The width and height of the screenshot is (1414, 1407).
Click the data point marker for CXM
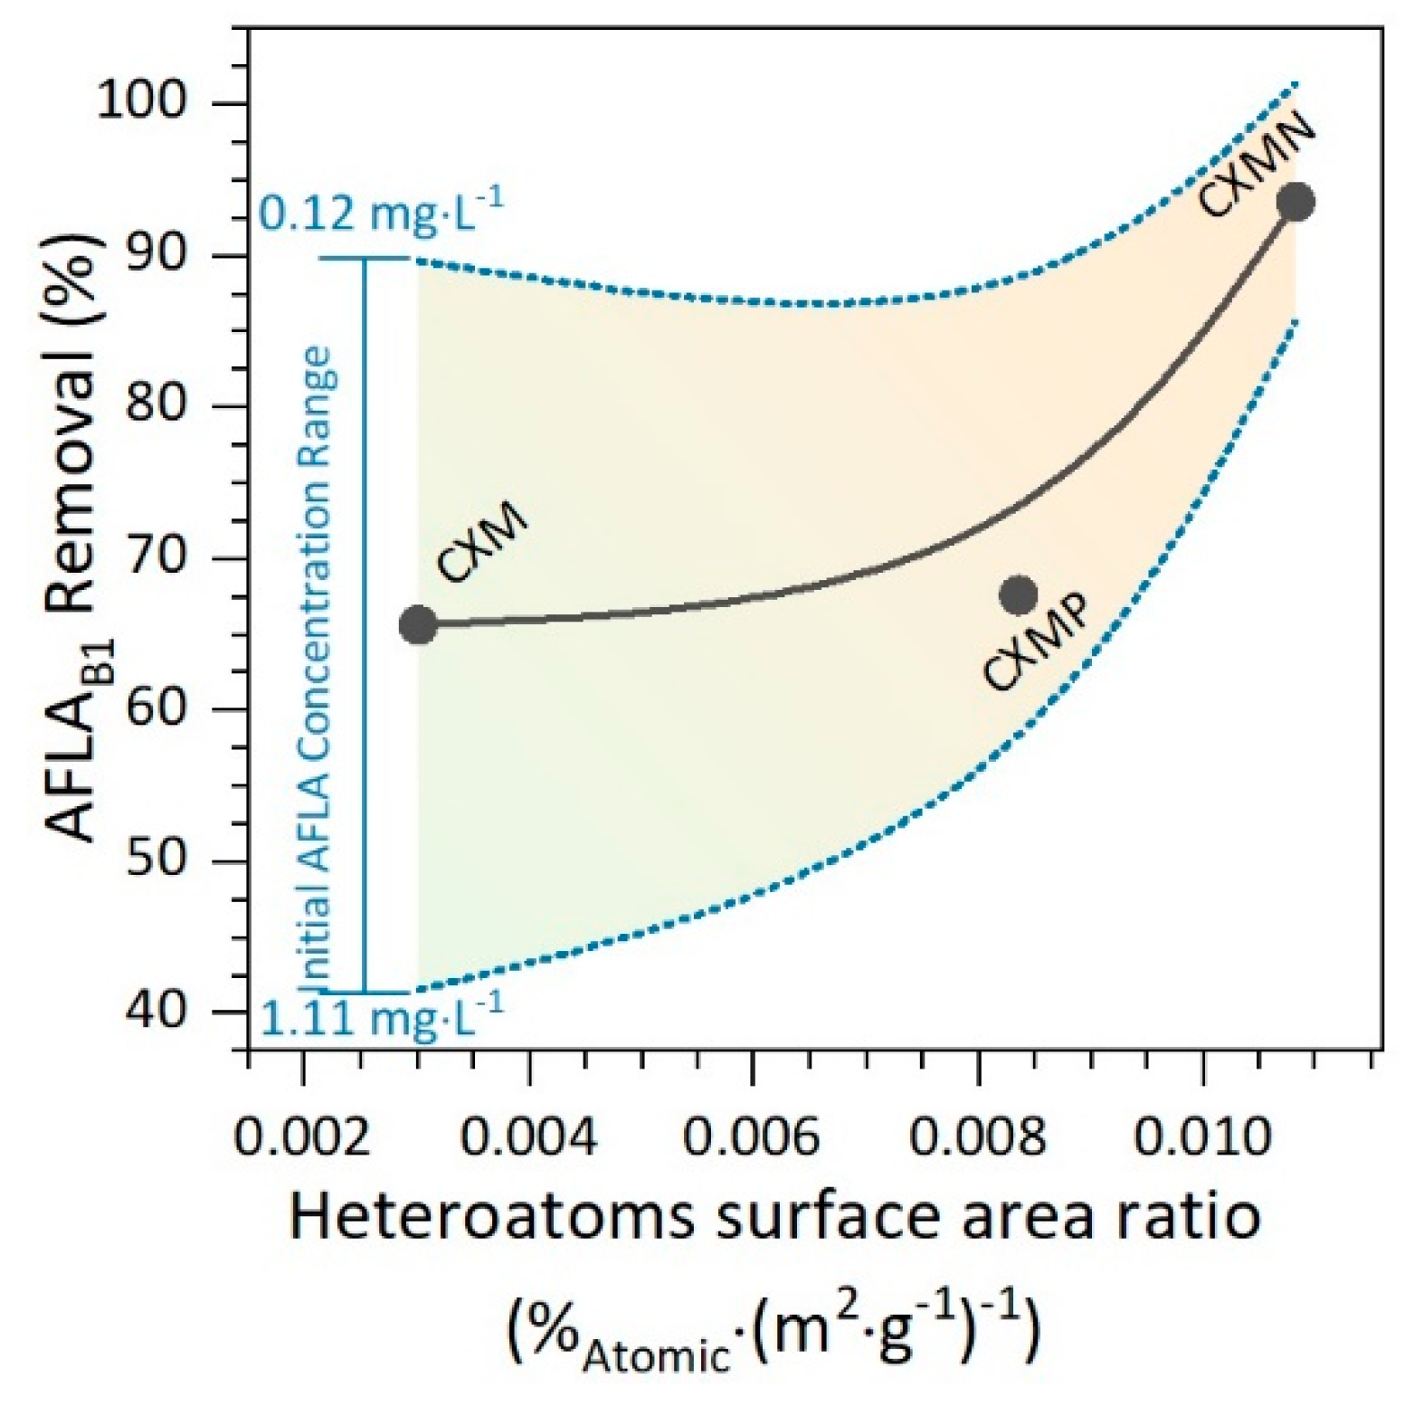point(417,624)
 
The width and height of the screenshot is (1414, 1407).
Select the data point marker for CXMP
point(1019,594)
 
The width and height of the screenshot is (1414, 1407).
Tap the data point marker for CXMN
point(1295,201)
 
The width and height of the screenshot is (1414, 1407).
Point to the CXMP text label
point(1037,642)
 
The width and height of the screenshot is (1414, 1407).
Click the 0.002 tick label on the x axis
point(303,1136)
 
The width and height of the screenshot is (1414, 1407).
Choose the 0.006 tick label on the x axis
point(751,1136)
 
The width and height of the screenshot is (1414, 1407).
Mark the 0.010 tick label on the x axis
point(1202,1136)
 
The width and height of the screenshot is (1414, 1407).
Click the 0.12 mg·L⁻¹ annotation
point(380,215)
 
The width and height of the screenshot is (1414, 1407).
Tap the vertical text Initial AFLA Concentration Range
point(317,670)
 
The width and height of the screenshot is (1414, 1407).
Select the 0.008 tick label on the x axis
point(977,1136)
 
